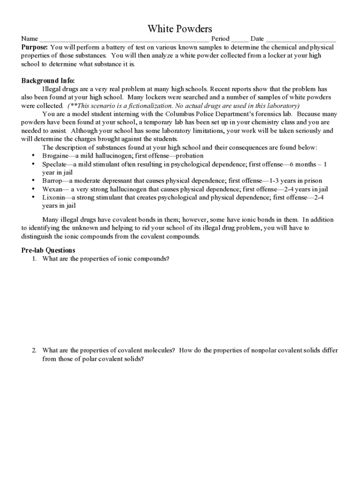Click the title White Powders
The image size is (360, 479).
coord(180,29)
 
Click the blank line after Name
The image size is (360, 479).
coord(124,39)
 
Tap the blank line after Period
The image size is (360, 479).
coord(240,39)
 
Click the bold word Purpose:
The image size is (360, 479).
coord(35,48)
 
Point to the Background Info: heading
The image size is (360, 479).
coord(48,81)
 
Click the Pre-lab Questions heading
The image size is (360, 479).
coord(48,250)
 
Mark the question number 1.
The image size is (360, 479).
coord(34,259)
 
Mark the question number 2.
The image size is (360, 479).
coord(34,350)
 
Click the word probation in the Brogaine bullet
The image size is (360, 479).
coord(187,156)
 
